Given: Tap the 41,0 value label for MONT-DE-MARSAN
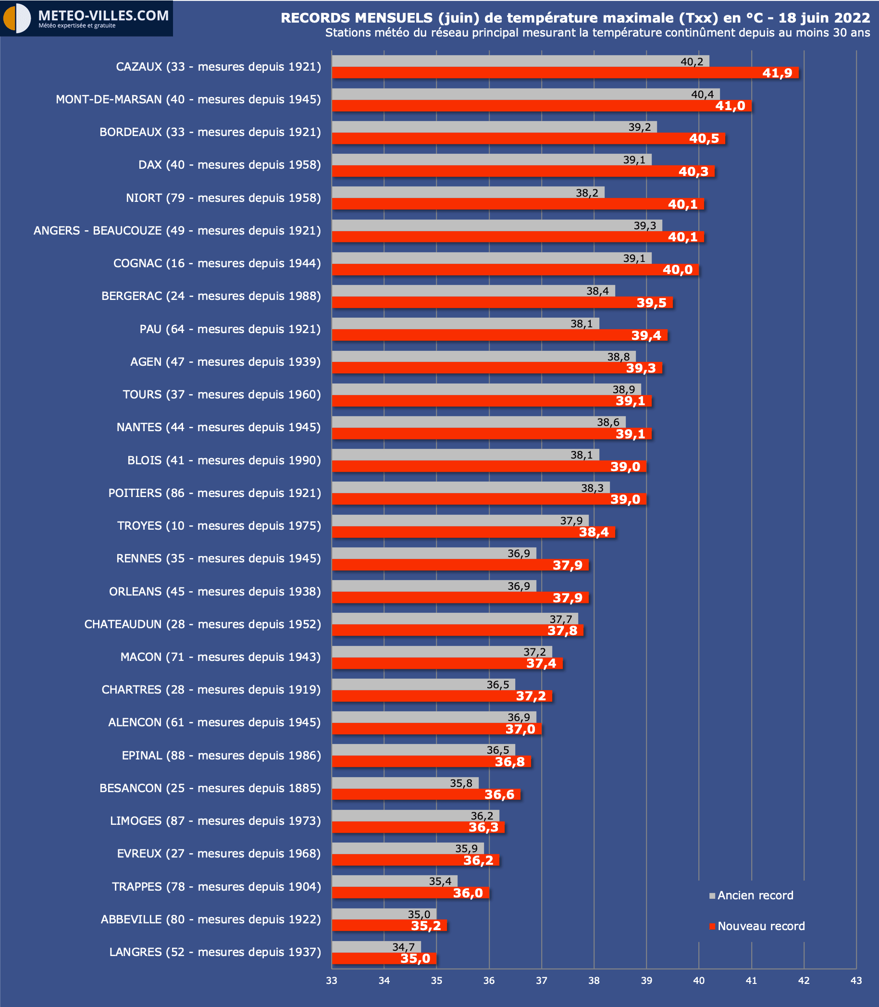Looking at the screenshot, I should (730, 106).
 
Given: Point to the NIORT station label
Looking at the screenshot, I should (223, 198).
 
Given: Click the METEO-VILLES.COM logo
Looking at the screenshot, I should (87, 18).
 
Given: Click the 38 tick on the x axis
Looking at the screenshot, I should (594, 981).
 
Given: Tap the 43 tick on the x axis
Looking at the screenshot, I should (856, 981).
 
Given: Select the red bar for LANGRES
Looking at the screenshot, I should (384, 958).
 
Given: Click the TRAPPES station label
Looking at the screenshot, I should (216, 886).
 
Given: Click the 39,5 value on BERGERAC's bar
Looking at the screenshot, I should (651, 303).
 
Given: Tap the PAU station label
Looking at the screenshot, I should (230, 329).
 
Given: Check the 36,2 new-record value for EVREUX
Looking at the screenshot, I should (478, 860).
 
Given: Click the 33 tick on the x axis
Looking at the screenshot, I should (332, 981).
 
